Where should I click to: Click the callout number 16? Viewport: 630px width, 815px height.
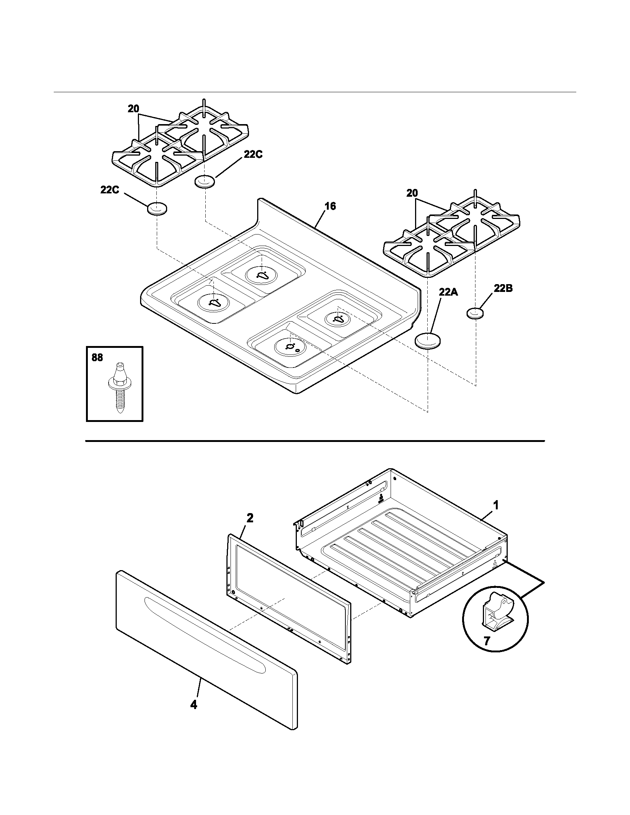pos(330,206)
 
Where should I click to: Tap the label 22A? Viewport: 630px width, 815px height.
pos(448,292)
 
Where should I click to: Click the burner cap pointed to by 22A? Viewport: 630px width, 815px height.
pos(428,341)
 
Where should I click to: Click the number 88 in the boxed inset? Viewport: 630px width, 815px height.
pos(97,357)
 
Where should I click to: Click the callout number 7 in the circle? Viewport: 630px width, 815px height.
pos(487,641)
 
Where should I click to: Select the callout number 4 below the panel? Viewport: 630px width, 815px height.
pos(193,705)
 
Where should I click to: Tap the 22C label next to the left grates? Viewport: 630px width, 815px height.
pos(109,190)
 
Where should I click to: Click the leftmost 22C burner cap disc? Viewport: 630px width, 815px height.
pos(157,209)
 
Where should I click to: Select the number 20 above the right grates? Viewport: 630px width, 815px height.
pos(412,193)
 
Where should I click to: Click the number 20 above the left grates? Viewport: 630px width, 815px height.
pos(133,109)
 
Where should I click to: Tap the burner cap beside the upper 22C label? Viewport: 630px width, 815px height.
pos(205,182)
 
